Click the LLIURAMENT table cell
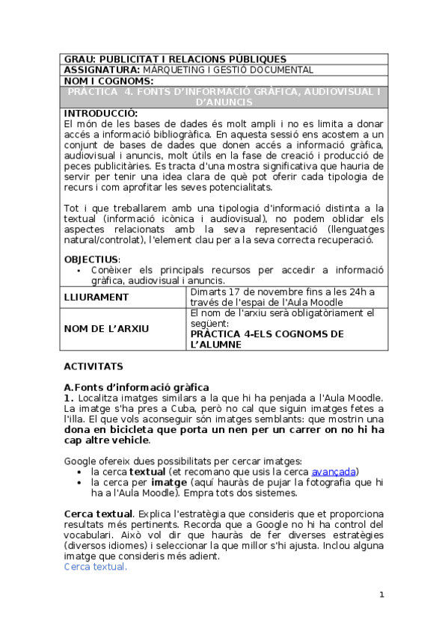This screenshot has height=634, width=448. pos(96,297)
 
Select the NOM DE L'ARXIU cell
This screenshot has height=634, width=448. pos(106,328)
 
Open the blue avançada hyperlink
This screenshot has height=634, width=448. pos(333,472)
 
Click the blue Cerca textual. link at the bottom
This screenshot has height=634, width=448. pos(95,567)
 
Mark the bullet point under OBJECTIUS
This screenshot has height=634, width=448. pos(79,270)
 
